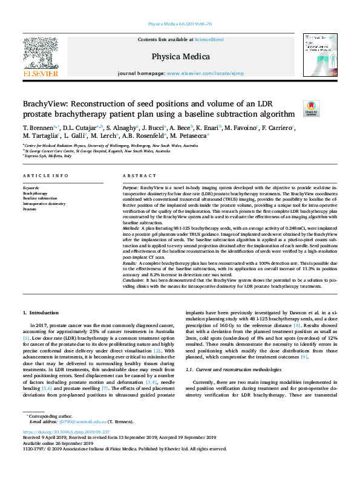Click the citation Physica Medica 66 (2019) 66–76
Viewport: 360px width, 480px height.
click(x=180, y=25)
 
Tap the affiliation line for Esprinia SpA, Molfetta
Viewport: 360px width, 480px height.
click(x=48, y=156)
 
